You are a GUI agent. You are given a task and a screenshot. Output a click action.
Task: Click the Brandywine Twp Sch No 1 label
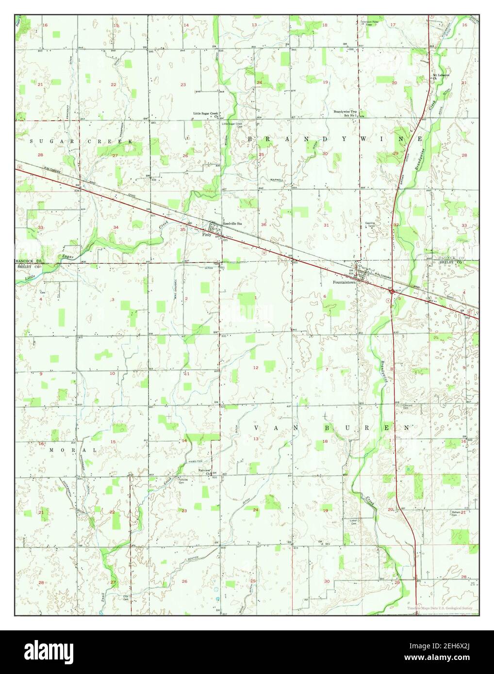345,113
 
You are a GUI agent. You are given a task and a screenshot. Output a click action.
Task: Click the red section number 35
182,229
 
